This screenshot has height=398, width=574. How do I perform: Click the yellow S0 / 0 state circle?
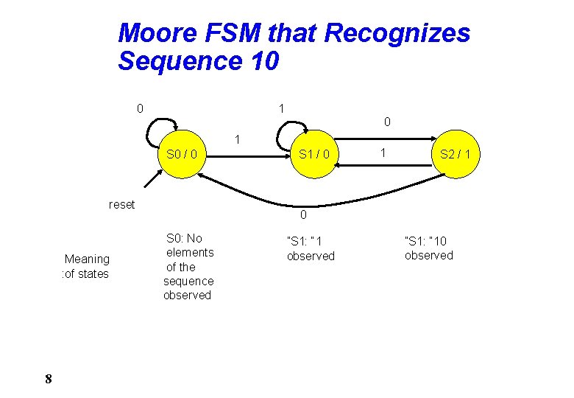181,155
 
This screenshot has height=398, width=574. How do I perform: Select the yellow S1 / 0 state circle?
314,155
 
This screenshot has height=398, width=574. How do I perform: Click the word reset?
121,204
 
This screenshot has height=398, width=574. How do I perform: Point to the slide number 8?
48,379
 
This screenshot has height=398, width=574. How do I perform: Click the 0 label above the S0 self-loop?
140,109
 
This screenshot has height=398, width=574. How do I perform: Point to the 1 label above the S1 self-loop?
281,108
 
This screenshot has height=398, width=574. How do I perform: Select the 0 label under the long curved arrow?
302,215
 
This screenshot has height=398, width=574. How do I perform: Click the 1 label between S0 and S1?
236,139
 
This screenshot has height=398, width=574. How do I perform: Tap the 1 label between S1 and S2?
382,153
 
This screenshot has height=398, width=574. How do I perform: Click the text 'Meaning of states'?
86,266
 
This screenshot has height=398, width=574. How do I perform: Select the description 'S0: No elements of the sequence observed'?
188,266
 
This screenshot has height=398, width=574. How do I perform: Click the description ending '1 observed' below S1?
311,248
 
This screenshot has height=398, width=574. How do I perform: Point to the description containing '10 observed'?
429,248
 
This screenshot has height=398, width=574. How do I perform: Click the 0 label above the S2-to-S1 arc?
387,120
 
